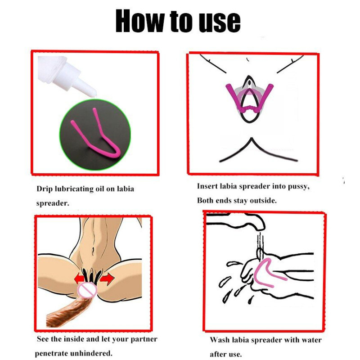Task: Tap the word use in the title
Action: click(220, 22)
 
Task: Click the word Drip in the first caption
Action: click(45, 189)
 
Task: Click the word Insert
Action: click(207, 186)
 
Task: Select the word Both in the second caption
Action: click(205, 200)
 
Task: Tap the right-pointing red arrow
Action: click(107, 279)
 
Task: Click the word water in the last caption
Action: click(311, 340)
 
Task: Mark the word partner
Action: click(144, 339)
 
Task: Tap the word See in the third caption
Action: click(43, 339)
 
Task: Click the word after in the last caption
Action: click(218, 354)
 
